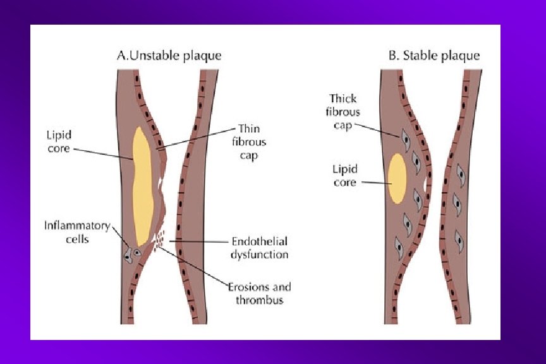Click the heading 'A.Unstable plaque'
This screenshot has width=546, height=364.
coord(169,56)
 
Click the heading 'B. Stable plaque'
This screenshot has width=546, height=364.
coord(434,56)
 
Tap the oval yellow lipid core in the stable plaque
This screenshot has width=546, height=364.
coord(397,179)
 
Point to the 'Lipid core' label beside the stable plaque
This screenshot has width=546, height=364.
coord(345,176)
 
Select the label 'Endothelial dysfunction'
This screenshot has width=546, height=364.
coord(260,248)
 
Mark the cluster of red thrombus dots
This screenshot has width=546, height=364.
coord(159,239)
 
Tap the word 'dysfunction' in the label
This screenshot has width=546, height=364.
coord(260,255)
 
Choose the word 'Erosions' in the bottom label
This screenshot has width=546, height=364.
coord(247,288)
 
